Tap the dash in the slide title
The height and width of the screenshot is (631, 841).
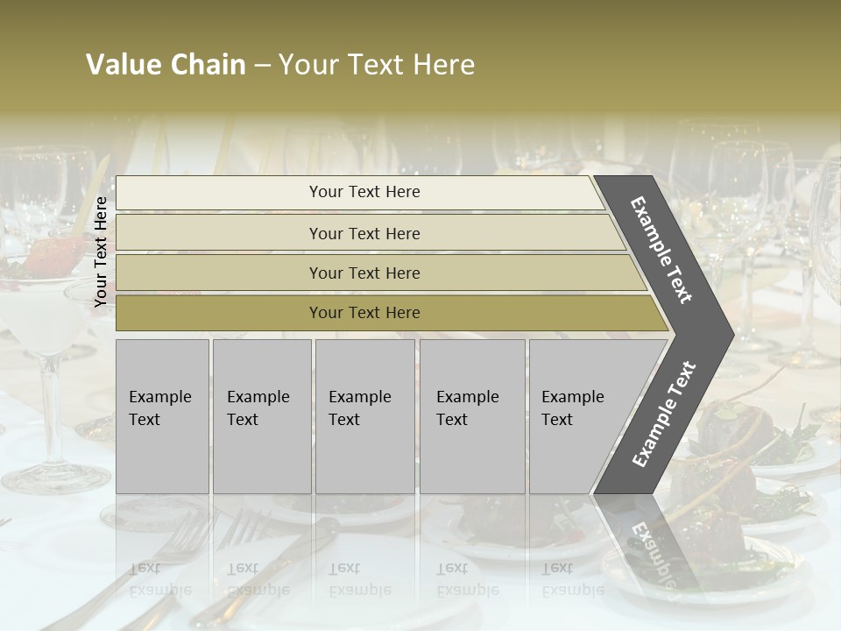[x=262, y=66]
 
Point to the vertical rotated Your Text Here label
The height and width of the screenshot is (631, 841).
[x=101, y=252]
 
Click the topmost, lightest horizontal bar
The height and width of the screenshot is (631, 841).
[x=219, y=193]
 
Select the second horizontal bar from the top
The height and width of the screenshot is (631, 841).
[x=219, y=233]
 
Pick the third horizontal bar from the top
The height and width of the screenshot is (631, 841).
[x=219, y=273]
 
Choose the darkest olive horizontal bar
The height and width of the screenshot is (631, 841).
[x=219, y=313]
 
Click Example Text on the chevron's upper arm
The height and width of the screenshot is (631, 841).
[x=661, y=250]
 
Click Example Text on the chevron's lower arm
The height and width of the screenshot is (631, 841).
[x=663, y=415]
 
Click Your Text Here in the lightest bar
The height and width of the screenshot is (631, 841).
[x=364, y=192]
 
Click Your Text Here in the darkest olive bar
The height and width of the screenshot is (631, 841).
[x=364, y=313]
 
